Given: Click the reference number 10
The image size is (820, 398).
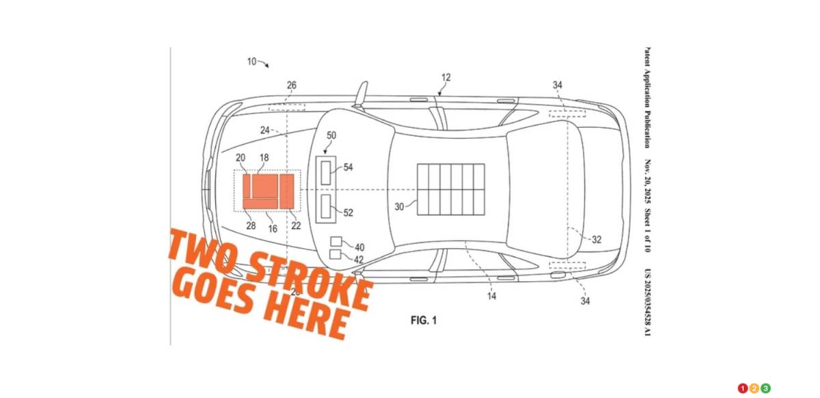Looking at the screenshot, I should click(x=251, y=62).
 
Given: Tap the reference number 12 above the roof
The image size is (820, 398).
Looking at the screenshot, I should click(x=446, y=78).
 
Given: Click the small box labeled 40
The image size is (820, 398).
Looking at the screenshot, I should click(x=336, y=241).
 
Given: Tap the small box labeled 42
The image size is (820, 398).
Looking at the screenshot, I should click(x=336, y=254).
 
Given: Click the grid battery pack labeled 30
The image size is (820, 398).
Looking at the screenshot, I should click(x=450, y=188).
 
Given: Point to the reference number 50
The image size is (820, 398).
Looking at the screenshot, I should click(x=331, y=136).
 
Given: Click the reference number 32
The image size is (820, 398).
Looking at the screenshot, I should click(x=596, y=239).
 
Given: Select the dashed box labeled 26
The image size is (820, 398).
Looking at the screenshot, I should click(x=287, y=107).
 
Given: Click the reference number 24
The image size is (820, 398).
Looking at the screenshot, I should click(x=265, y=129).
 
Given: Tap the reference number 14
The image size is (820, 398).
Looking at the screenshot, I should click(x=491, y=296).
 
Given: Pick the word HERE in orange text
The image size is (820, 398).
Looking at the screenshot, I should click(x=307, y=315).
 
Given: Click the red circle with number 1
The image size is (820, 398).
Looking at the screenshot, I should click(x=743, y=388).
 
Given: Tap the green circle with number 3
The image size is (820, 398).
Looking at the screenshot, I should click(x=766, y=388).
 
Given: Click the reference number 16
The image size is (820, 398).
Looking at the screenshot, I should click(x=273, y=229).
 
